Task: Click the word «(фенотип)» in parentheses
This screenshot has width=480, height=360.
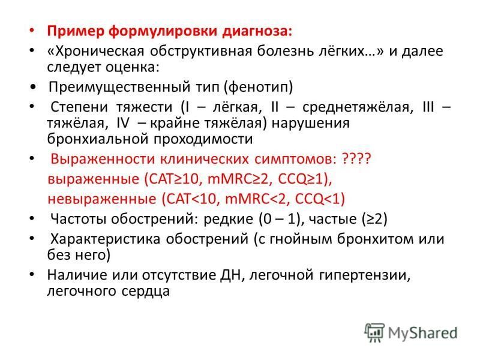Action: pos(259,87)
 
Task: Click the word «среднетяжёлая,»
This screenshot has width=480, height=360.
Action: pos(358,107)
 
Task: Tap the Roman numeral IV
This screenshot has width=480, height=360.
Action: pos(123,123)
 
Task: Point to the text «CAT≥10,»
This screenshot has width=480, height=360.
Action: pos(173,179)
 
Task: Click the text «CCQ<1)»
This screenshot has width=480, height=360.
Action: pos(320,199)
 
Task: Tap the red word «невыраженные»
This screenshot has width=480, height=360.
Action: pos(102,199)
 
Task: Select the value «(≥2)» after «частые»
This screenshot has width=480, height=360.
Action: pos(374,219)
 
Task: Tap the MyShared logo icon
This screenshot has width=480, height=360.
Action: pos(374,332)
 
